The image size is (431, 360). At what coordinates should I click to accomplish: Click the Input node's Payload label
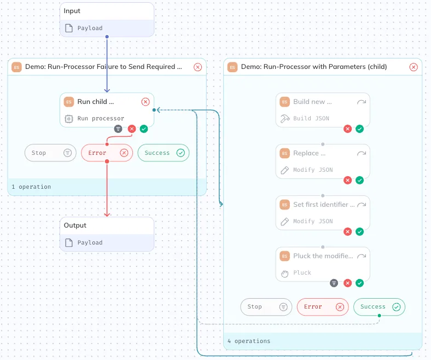90,28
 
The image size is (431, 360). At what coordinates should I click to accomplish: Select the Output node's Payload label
90,242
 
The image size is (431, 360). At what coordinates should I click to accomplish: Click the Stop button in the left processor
50,153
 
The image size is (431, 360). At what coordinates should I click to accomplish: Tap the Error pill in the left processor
107,153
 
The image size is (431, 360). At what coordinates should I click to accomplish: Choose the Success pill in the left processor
164,153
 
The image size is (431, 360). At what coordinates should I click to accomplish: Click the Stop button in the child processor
266,306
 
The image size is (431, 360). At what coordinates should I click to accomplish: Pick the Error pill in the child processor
323,306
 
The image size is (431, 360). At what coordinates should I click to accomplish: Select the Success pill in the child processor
379,306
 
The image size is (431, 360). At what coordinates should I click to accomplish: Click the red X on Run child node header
145,102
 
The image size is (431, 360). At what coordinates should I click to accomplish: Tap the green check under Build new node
359,129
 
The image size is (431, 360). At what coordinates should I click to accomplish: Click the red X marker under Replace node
348,180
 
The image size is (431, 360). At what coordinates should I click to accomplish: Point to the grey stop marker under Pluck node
334,283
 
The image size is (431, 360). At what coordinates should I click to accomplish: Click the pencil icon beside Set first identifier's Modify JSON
285,222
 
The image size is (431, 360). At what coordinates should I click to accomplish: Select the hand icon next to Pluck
285,274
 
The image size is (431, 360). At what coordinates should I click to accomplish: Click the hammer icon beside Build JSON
285,119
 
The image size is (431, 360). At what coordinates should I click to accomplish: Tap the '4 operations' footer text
249,341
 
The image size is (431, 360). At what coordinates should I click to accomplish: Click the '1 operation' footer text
31,187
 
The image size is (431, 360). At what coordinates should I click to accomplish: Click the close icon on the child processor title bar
413,67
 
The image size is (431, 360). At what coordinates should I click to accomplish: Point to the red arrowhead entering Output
107,214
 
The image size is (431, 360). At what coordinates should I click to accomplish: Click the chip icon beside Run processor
69,119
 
